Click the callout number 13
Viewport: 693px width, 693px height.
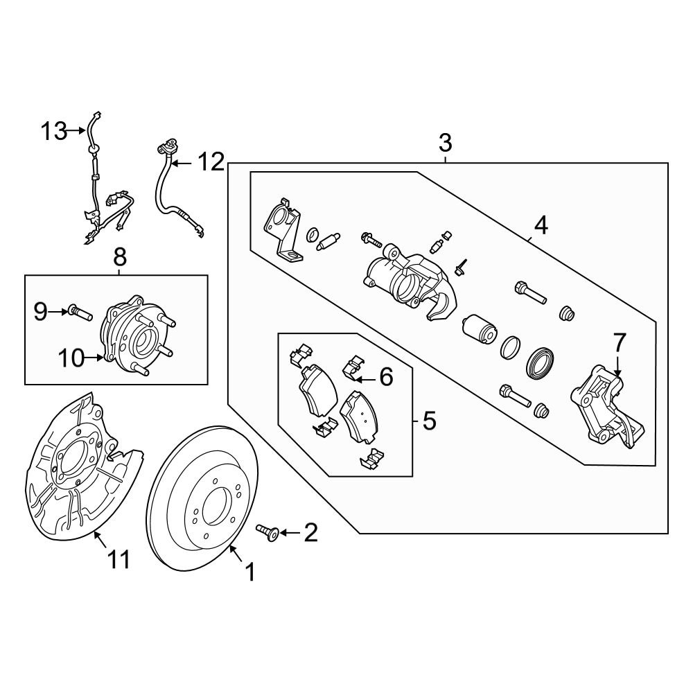(53, 130)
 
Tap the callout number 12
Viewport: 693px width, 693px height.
(211, 163)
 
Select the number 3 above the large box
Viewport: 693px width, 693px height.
(445, 144)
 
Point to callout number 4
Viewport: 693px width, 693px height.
(541, 225)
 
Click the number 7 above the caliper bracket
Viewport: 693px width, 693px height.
(619, 342)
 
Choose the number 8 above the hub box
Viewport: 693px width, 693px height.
(119, 258)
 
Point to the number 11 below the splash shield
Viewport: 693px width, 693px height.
(119, 559)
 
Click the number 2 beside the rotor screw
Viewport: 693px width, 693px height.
(310, 532)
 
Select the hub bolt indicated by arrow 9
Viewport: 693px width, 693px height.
(80, 313)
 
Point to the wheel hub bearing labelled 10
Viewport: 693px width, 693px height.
(135, 336)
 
